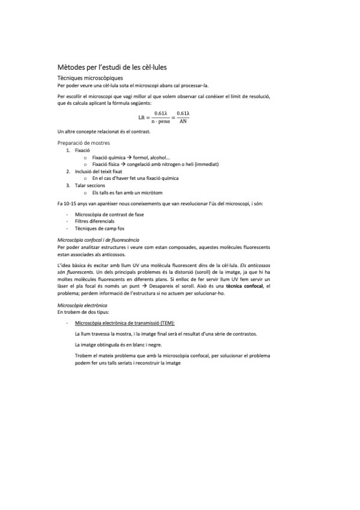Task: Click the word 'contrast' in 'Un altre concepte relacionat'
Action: coord(141,131)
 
